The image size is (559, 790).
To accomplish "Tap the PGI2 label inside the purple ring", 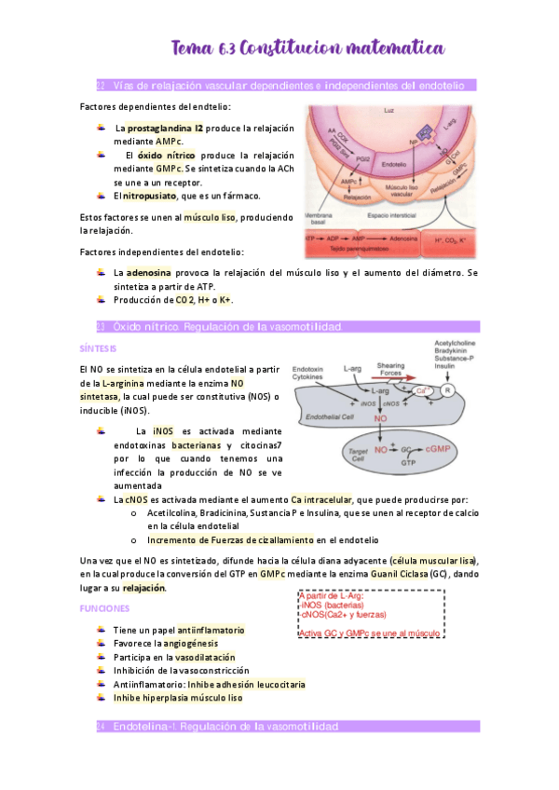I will coord(359,161).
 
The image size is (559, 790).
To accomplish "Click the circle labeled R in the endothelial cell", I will coord(449,391).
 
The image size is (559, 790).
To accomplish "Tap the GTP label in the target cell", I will coord(408,462).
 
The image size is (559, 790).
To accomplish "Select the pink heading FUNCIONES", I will coord(104,607).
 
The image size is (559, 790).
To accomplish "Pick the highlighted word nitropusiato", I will coord(154,196).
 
